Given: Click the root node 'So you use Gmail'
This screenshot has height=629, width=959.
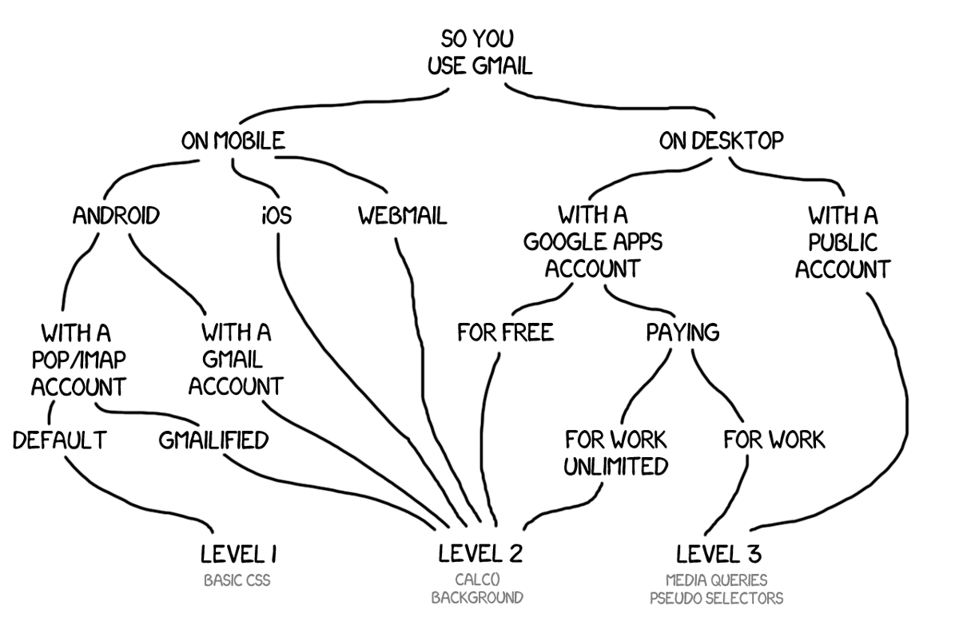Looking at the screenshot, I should click(x=479, y=52).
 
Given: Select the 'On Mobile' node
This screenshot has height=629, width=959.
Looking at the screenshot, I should click(x=233, y=141).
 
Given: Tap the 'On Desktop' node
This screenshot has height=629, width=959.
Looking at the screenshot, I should click(x=721, y=141).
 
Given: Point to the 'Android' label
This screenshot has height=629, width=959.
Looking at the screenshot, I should click(x=116, y=216).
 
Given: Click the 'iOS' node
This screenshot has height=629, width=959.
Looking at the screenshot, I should click(x=277, y=216).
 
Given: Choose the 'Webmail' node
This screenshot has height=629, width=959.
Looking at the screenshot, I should click(x=402, y=216).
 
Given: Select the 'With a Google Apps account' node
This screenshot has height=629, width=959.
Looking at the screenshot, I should click(x=592, y=242).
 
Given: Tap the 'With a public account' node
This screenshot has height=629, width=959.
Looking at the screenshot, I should click(x=842, y=242).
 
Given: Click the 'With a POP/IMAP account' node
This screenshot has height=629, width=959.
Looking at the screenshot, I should click(x=78, y=360).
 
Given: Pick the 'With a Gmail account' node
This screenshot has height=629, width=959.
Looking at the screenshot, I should click(x=235, y=360).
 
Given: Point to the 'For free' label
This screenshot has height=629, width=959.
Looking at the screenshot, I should click(x=505, y=332).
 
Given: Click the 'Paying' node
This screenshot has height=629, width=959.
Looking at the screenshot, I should click(x=682, y=332).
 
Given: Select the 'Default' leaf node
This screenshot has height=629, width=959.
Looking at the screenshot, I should click(x=59, y=440).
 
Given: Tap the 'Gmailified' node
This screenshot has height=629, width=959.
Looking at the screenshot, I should click(x=213, y=440).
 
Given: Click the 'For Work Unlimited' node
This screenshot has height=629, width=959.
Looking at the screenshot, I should click(x=615, y=452).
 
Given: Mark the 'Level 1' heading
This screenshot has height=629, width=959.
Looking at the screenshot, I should click(x=238, y=553).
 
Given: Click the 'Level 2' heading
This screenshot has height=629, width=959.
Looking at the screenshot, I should click(x=480, y=553).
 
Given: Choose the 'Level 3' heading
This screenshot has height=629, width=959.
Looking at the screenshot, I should click(x=718, y=553).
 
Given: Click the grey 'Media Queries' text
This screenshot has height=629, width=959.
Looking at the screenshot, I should click(x=717, y=580).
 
